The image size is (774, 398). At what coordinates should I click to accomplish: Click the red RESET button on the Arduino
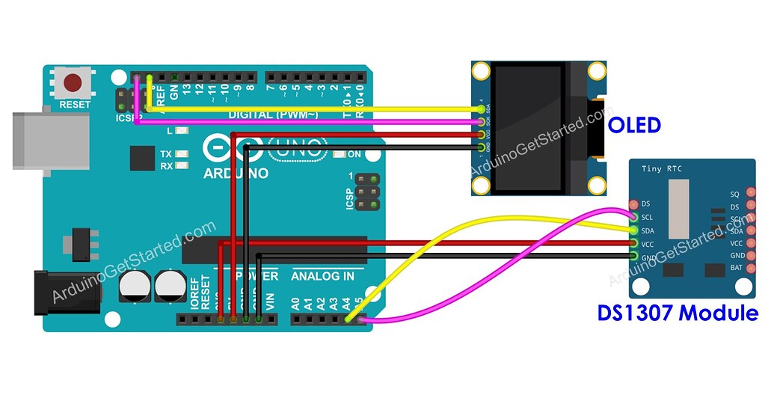pos(73,82)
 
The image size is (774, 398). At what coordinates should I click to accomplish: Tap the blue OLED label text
pos(634,125)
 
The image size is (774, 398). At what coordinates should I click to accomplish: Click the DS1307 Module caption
pos(677,313)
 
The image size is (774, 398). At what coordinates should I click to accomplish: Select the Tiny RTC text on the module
pos(663,169)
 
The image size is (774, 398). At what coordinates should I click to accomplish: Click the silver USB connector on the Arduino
pos(34,135)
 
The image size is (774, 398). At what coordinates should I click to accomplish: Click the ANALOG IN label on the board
pos(322,276)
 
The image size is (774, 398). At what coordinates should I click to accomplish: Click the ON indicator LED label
pos(354,155)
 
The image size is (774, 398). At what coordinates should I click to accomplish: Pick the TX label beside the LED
pos(166,153)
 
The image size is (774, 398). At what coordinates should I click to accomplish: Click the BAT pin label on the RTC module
pos(736,268)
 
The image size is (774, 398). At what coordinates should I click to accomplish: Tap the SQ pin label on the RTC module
pos(734,194)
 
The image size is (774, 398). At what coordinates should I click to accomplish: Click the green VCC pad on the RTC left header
pos(634,244)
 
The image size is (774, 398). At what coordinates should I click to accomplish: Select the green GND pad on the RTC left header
pos(634,257)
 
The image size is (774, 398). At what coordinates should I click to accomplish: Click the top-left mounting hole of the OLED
pos(479,72)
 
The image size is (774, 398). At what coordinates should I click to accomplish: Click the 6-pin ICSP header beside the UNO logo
pos(366,193)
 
